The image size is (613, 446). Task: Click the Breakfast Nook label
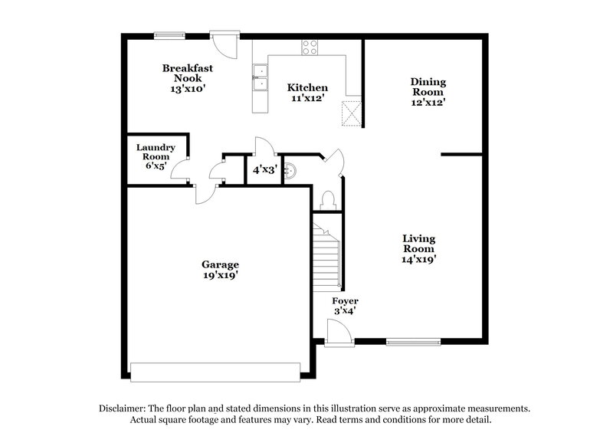(187, 78)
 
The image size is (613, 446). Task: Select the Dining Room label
(428, 91)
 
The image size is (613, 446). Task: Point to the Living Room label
(419, 248)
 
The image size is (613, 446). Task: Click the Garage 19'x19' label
(220, 270)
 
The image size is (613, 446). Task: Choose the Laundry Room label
(156, 156)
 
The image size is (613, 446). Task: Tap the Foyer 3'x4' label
(345, 307)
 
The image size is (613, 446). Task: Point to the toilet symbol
(328, 200)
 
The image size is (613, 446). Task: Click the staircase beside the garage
(326, 253)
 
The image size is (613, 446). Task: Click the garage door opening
(215, 372)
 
